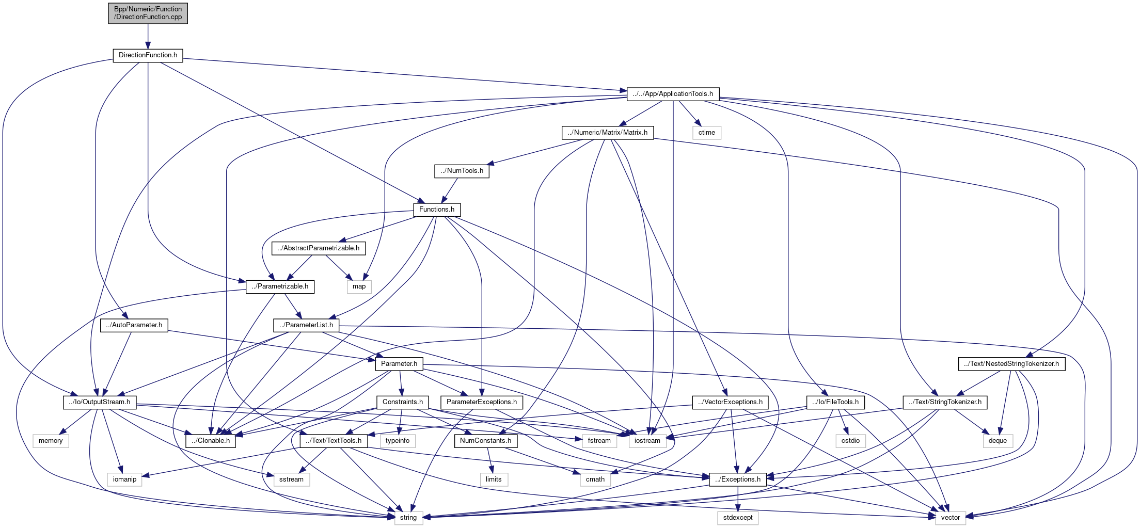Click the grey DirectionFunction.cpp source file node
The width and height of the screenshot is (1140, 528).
[148, 13]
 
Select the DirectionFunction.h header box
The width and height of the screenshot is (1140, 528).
[148, 55]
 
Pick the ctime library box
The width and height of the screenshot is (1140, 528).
[706, 133]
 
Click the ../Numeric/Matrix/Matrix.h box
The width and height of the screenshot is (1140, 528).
[607, 133]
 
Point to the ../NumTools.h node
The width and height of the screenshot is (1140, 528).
[462, 171]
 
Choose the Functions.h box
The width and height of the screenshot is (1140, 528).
[436, 210]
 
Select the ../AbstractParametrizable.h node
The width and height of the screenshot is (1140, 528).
[319, 248]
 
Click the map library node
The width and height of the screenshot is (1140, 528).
[359, 286]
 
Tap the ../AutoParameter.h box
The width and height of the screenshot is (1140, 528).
[134, 325]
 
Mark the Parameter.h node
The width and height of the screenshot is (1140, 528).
[399, 364]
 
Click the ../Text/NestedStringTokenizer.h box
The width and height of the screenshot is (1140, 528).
[1011, 364]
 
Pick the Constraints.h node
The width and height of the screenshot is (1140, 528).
[402, 402]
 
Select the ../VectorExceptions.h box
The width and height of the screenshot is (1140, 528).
[730, 402]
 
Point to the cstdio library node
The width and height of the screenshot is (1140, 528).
[850, 441]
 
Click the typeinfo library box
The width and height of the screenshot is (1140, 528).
[398, 441]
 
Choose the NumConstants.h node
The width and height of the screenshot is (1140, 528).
[485, 441]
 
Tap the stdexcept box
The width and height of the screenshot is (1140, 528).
[737, 518]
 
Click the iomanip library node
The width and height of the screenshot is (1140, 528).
[124, 479]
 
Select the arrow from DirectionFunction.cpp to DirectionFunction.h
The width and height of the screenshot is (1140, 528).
[148, 36]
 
